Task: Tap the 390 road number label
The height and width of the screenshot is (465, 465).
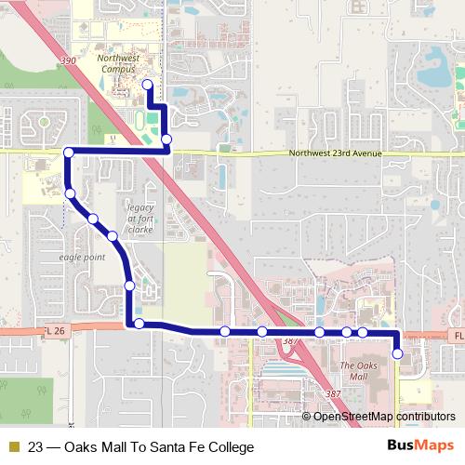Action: [67, 60]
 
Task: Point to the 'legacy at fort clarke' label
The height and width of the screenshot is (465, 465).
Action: [139, 215]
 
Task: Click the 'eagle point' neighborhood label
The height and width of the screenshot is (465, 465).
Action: [82, 256]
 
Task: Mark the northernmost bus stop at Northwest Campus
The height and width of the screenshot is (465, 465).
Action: [147, 85]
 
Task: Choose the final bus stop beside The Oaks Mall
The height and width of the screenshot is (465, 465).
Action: [397, 353]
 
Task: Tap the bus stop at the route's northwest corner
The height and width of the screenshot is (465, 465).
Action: [68, 152]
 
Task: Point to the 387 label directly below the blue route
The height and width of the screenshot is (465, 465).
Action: [289, 341]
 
